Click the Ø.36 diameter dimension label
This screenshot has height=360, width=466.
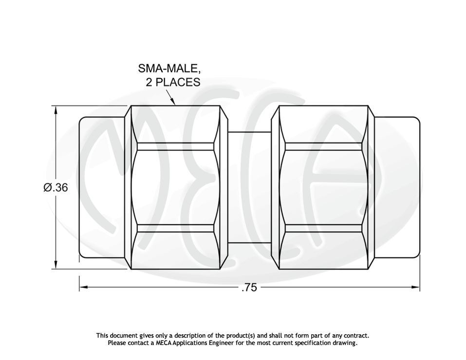coord(56,187)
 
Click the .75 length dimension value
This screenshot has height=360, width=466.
coord(249,288)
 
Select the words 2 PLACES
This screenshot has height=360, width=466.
coord(173,82)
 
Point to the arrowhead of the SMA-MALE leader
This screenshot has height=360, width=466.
coord(173,103)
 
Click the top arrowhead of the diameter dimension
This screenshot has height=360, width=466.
coord(56,111)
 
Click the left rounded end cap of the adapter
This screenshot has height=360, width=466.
coord(101,187)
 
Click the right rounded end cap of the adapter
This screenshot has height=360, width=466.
coord(396,187)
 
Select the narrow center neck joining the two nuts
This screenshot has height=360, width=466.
coord(249,187)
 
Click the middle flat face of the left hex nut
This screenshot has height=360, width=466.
coord(175,187)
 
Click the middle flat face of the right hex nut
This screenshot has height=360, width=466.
coord(323,187)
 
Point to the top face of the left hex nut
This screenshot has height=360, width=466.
coord(175,124)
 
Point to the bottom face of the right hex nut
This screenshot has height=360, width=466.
coord(323,251)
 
